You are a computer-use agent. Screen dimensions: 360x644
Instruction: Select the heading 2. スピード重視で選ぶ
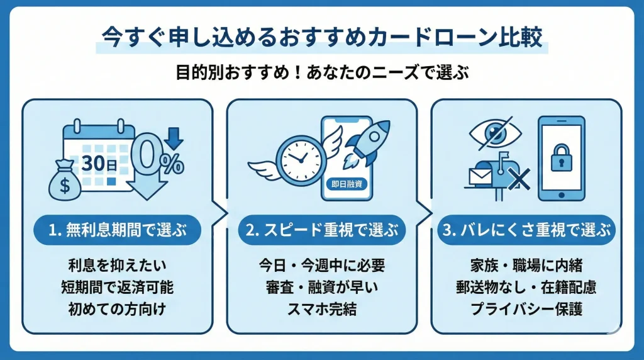coord(322,231)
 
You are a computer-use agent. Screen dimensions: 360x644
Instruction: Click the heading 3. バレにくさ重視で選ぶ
coord(526,231)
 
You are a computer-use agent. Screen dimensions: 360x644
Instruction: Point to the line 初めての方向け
coord(117,310)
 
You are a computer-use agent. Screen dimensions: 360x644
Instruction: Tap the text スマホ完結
coord(322,310)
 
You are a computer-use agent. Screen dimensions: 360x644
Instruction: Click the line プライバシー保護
coord(526,310)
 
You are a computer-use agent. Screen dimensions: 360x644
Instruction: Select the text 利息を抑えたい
coord(117,266)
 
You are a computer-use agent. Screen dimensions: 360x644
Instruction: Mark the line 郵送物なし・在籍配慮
coord(526,288)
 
